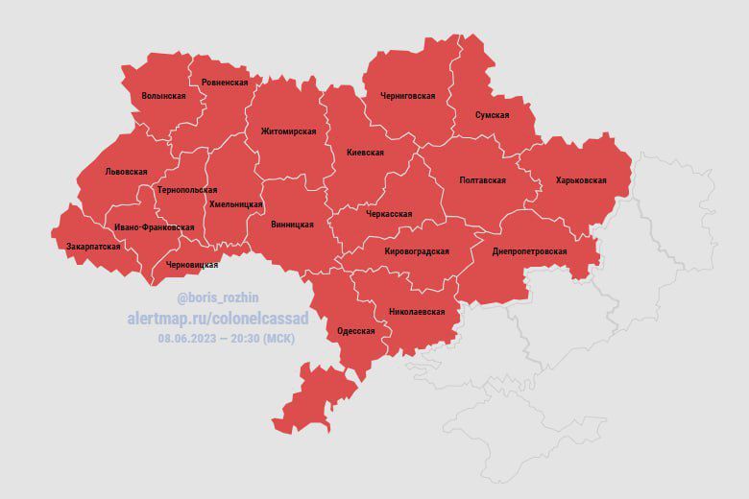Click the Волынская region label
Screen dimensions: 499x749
pyautogui.click(x=163, y=96)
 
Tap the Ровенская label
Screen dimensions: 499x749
pyautogui.click(x=225, y=83)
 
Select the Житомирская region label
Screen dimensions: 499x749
pyautogui.click(x=288, y=131)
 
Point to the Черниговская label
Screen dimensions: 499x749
pyautogui.click(x=407, y=96)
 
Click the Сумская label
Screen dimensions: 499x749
pyautogui.click(x=492, y=115)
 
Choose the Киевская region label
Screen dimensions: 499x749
pyautogui.click(x=365, y=153)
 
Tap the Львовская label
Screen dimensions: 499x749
pyautogui.click(x=126, y=172)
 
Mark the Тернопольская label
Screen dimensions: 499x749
pyautogui.click(x=187, y=190)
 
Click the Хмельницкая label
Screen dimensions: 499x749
pyautogui.click(x=235, y=204)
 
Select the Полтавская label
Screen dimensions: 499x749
pyautogui.click(x=483, y=180)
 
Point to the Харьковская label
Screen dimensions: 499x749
pyautogui.click(x=581, y=180)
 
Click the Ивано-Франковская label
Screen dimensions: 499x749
pyautogui.click(x=154, y=227)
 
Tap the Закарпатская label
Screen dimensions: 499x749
pyautogui.click(x=93, y=247)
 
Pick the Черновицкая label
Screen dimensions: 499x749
pyautogui.click(x=192, y=265)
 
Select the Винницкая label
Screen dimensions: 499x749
pyautogui.click(x=293, y=225)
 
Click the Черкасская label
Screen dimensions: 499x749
pyautogui.click(x=389, y=214)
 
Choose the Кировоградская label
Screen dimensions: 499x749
pyautogui.click(x=416, y=251)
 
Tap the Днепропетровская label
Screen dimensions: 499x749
pyautogui.click(x=529, y=251)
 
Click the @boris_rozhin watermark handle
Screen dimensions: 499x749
pyautogui.click(x=218, y=297)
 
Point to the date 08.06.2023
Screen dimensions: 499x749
pyautogui.click(x=188, y=338)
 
